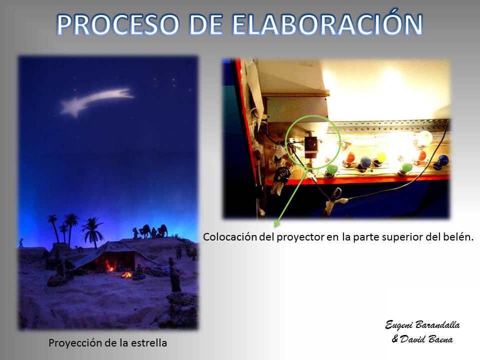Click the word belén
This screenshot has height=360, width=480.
tap(458, 236)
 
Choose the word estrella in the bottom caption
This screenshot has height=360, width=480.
tap(149, 343)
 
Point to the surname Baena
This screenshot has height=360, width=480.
tap(441, 339)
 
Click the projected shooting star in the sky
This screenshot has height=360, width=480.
tap(96, 101)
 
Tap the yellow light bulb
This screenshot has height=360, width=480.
tap(381, 157)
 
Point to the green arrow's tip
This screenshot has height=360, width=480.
tap(274, 227)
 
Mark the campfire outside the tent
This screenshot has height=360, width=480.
tap(126, 274)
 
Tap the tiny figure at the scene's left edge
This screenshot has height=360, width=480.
tap(21, 243)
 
